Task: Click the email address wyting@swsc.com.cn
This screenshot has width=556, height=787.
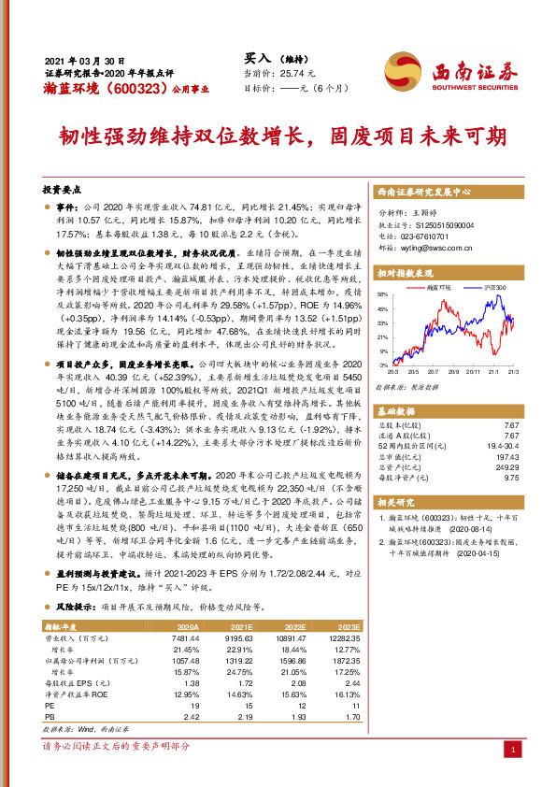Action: [x=426, y=249]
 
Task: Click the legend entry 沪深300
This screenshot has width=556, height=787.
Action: [x=494, y=288]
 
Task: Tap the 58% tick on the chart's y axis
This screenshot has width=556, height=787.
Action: [x=384, y=294]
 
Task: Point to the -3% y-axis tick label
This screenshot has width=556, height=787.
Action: [x=384, y=365]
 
